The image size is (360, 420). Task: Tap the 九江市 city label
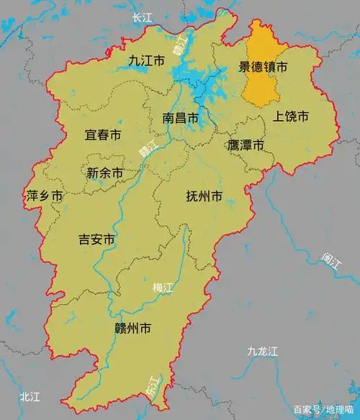point(147,61)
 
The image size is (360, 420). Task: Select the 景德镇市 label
point(263,68)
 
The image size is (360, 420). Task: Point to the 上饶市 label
point(291,116)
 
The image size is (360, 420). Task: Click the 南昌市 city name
point(180,117)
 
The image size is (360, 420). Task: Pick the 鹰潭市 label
point(246,145)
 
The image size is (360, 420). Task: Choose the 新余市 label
point(104,173)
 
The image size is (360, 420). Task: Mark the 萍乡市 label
point(44,196)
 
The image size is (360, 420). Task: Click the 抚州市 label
point(204,196)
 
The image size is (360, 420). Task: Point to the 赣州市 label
point(133,329)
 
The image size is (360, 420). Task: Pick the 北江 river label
point(32,396)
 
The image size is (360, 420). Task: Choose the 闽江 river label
point(332,262)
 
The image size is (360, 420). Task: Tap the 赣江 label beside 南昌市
point(147,151)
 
